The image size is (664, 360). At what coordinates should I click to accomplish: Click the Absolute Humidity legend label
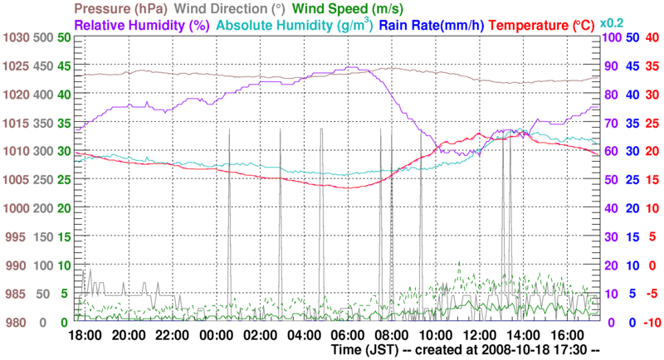point(287,25)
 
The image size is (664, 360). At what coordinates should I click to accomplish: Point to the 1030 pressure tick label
point(16,38)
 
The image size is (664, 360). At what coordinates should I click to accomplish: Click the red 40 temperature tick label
point(652,38)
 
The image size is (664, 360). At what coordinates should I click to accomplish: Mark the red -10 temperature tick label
point(651,322)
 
